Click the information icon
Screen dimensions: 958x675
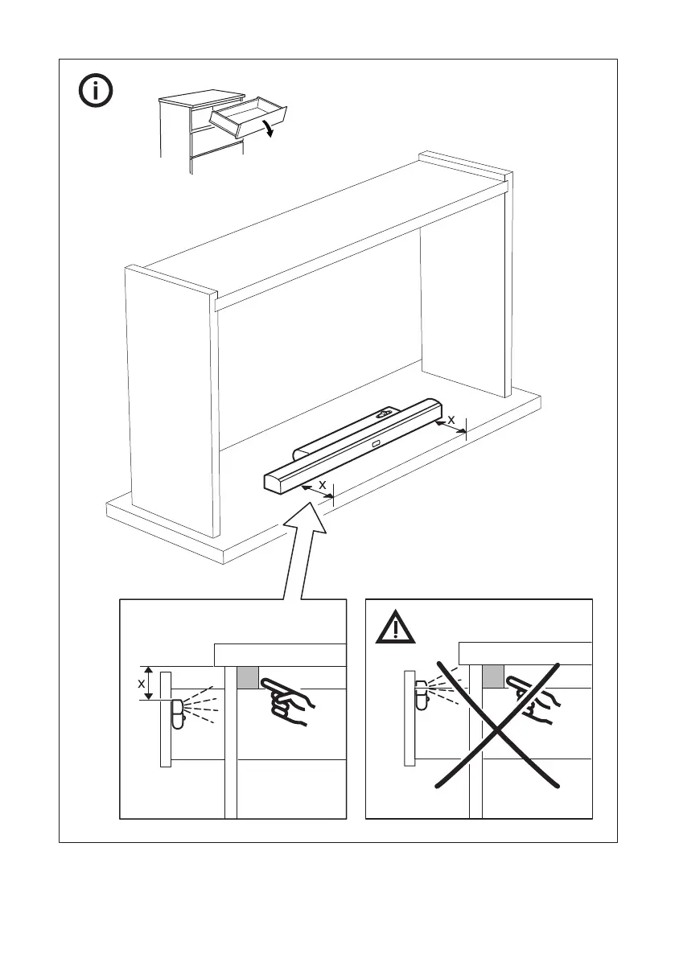click(x=96, y=91)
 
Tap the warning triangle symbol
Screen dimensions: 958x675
click(x=395, y=627)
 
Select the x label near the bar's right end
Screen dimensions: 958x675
click(x=451, y=419)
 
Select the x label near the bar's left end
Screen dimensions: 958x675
click(x=322, y=485)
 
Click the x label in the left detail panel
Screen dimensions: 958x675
click(x=142, y=683)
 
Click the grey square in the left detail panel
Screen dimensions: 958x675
click(x=247, y=678)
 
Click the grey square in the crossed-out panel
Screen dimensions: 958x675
click(x=492, y=676)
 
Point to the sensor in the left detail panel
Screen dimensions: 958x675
click(x=178, y=713)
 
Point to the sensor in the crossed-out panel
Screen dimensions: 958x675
click(x=422, y=695)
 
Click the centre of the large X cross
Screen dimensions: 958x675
click(x=496, y=722)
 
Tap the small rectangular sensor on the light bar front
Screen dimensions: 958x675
click(x=376, y=442)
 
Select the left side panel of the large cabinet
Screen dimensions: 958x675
click(x=171, y=402)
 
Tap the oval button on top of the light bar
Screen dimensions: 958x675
click(x=385, y=415)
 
